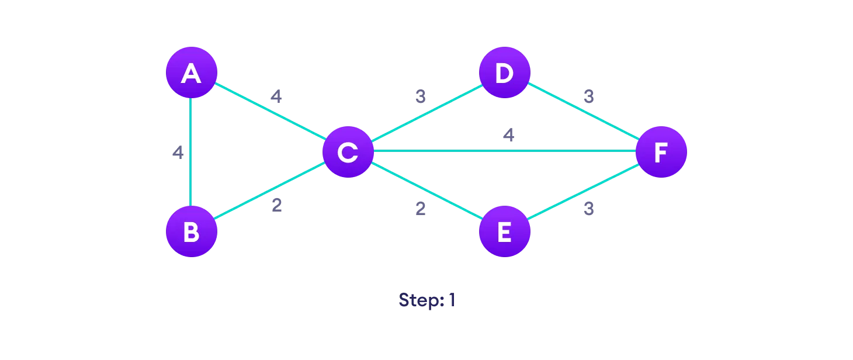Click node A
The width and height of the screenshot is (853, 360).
click(191, 73)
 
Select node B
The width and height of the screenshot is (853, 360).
click(191, 231)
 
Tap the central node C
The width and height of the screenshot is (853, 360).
click(348, 152)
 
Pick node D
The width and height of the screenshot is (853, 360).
click(504, 73)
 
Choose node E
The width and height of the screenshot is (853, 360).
click(504, 231)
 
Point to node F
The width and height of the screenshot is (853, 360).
click(661, 152)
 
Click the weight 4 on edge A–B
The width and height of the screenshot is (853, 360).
click(178, 153)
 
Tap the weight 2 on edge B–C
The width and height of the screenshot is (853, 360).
click(276, 206)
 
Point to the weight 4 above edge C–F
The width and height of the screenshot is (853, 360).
click(508, 136)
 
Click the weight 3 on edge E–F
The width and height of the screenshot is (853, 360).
click(588, 209)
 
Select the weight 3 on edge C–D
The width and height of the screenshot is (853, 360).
click(421, 97)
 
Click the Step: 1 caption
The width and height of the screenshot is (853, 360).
click(426, 300)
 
